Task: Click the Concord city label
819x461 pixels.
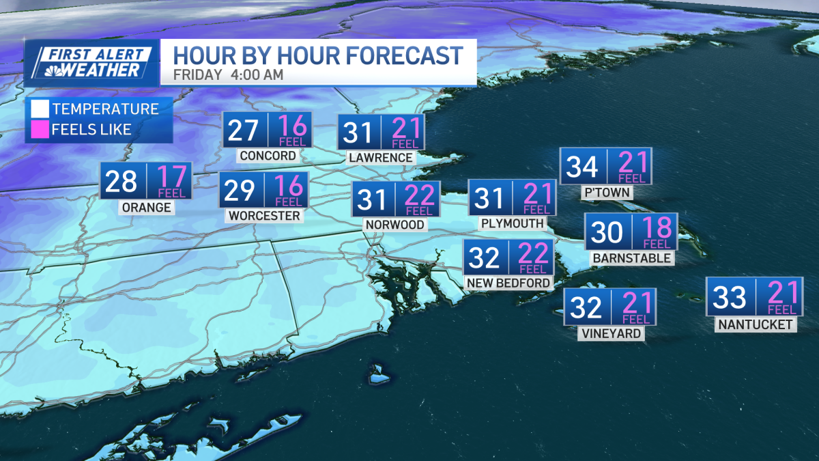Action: tap(268, 155)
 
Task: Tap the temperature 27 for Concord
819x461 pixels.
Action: tap(243, 130)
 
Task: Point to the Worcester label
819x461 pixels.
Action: tap(263, 216)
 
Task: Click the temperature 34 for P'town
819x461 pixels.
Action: tap(581, 166)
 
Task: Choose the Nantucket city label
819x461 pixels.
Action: tap(756, 325)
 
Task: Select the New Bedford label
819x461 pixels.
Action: tap(508, 283)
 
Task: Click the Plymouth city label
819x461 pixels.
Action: tap(512, 223)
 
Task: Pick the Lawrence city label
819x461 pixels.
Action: tap(380, 158)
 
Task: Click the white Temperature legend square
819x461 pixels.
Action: tap(40, 109)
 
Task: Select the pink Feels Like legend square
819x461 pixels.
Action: tap(40, 129)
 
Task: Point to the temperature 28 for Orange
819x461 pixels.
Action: tap(121, 181)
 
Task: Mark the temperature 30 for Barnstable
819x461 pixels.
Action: tap(607, 232)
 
